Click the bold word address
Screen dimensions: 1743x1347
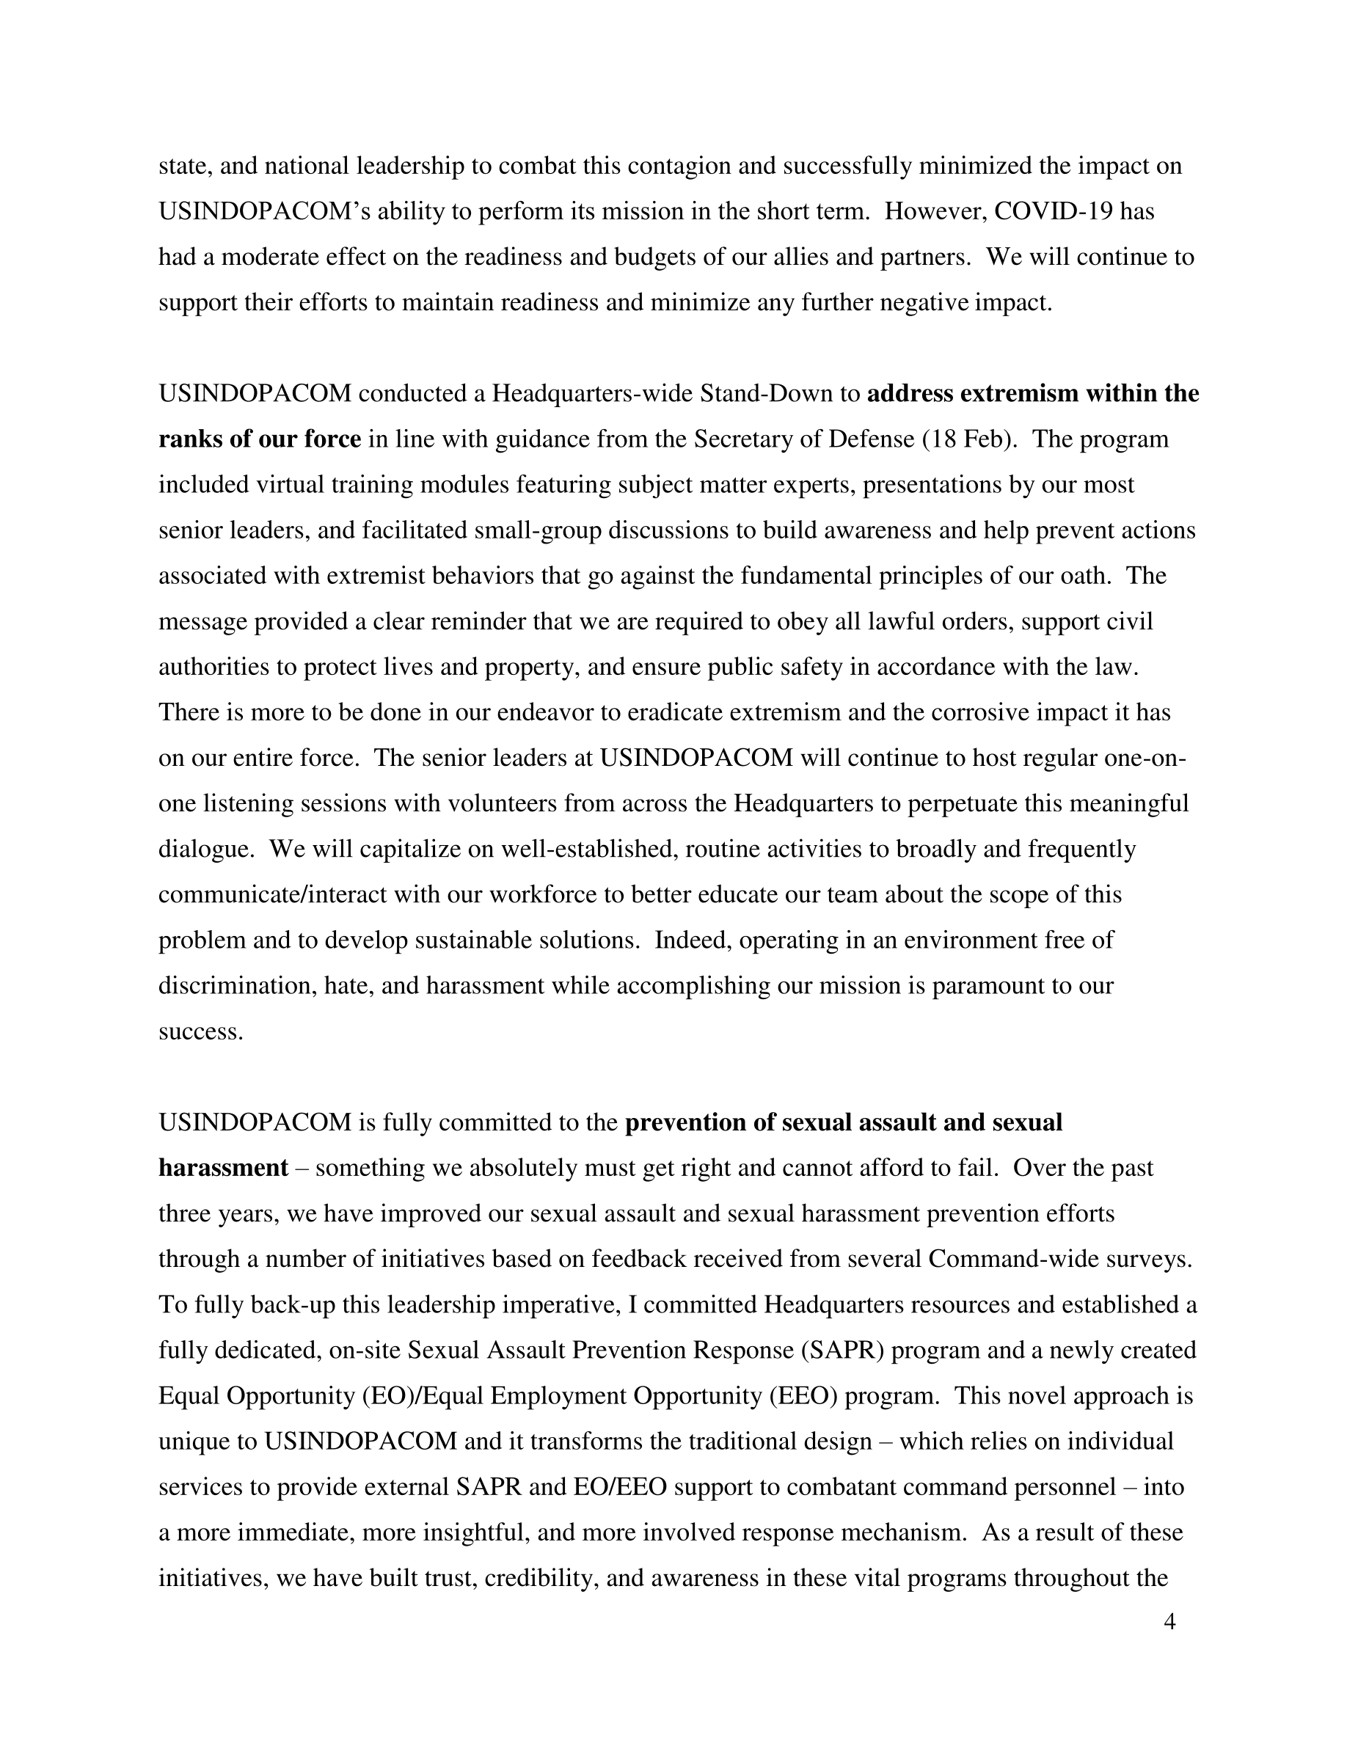(910, 393)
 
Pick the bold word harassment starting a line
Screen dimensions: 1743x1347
(222, 1168)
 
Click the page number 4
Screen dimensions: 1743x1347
(1170, 1622)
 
